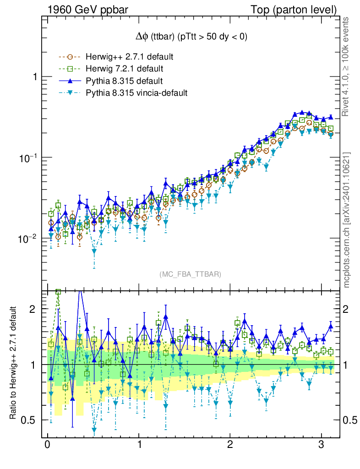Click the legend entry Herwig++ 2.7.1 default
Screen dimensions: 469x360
tap(129, 57)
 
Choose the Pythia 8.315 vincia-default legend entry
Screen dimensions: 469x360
tap(136, 93)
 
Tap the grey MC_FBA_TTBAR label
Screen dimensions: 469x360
tap(191, 274)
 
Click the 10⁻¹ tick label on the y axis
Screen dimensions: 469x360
tap(28, 158)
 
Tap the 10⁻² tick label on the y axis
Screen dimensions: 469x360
tap(28, 239)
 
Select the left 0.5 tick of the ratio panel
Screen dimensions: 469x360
tap(30, 420)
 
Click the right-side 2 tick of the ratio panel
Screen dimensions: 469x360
tap(346, 309)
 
